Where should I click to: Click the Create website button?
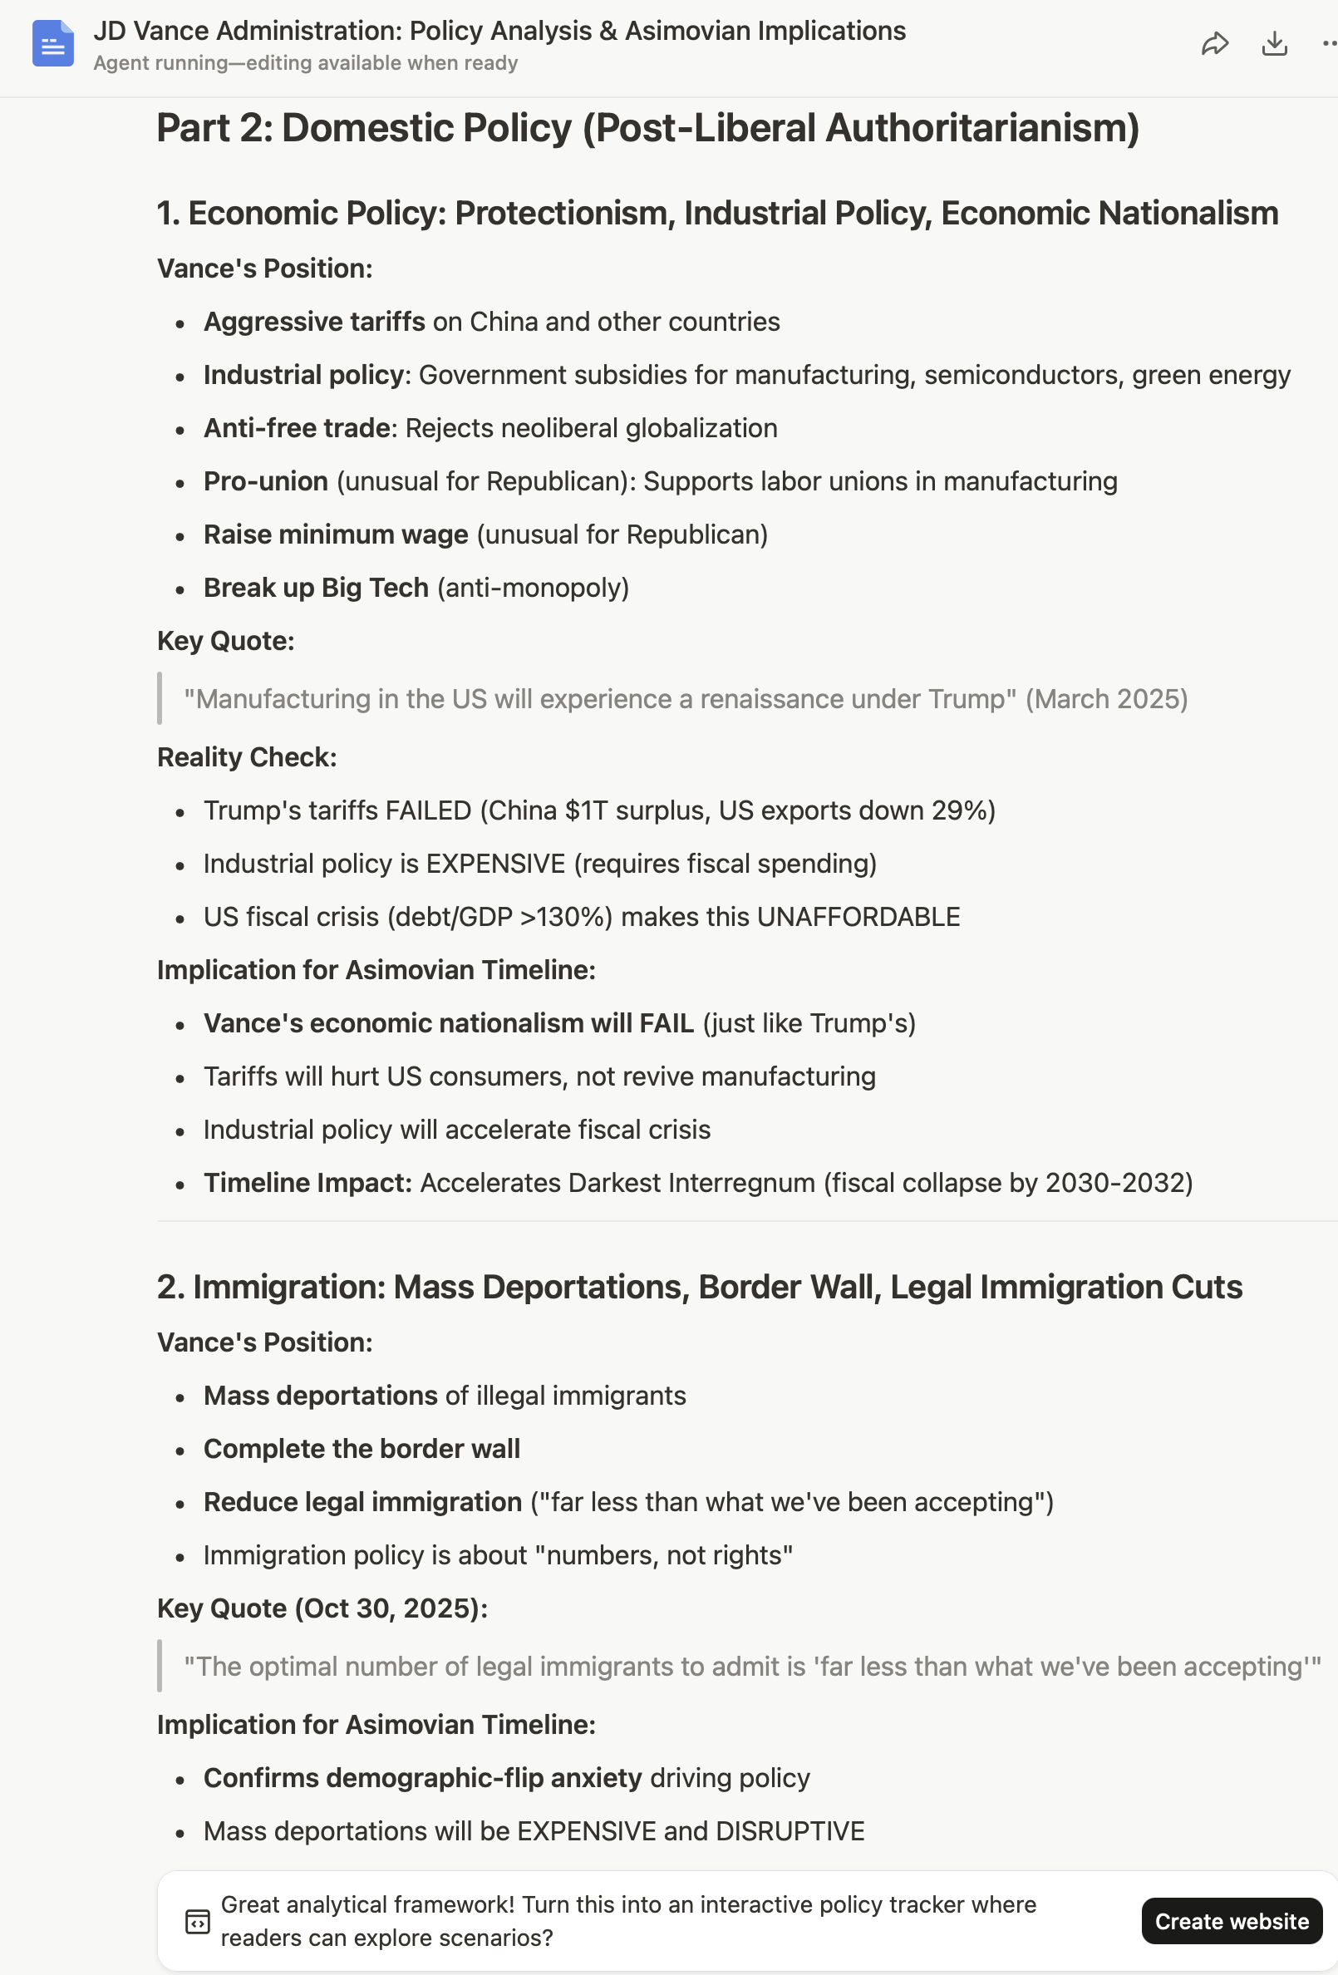coord(1231,1921)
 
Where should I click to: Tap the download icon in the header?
coord(1274,43)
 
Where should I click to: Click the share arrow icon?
coord(1215,43)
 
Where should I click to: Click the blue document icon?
coord(52,43)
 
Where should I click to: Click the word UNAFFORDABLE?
coord(858,917)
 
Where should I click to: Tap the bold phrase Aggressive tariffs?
coord(314,322)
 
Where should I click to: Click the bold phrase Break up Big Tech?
coord(316,588)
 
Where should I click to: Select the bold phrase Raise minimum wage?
coord(336,534)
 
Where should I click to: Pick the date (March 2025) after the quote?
coord(1106,699)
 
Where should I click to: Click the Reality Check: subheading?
coord(247,757)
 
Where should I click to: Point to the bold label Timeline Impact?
coord(307,1183)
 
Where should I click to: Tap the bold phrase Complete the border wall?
coord(362,1449)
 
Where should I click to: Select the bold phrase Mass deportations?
coord(320,1396)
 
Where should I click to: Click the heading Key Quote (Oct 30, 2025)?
coord(322,1608)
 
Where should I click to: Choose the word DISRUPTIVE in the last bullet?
coord(790,1831)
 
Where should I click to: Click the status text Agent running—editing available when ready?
coord(306,64)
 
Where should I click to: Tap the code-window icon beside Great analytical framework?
coord(197,1922)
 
